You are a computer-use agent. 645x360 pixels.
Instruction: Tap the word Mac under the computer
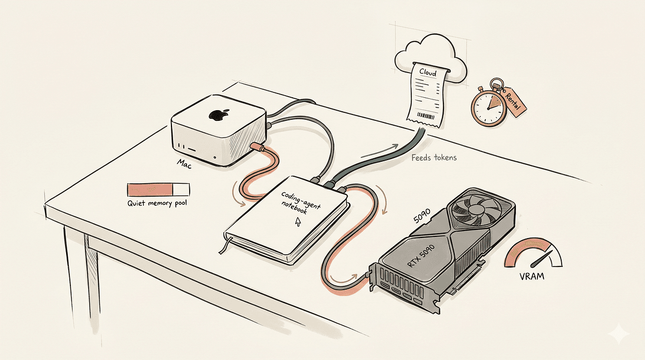184,164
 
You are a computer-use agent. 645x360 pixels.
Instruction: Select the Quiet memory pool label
157,203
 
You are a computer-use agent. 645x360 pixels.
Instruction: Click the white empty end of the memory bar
181,190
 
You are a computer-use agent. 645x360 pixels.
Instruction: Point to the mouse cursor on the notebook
298,221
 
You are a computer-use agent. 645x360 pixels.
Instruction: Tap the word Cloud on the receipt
428,72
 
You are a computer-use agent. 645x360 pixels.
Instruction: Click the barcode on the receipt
426,116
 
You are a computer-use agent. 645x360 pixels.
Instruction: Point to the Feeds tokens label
434,157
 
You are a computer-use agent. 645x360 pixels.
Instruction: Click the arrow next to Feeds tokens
379,152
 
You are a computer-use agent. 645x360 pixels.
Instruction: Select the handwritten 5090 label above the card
422,215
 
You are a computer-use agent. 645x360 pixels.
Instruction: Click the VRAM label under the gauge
532,277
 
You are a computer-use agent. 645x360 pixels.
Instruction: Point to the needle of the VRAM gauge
542,258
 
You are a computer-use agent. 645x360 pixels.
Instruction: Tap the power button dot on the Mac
215,157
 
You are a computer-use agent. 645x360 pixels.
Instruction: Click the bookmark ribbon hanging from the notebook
224,245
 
